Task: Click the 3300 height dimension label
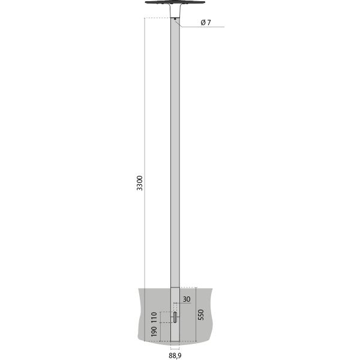point(140,183)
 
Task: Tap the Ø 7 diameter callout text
point(206,23)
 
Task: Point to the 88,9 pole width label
point(175,355)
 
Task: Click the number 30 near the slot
point(186,299)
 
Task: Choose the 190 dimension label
point(154,334)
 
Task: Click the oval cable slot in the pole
point(175,316)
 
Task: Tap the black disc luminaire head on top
point(175,4)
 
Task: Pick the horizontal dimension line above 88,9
point(175,347)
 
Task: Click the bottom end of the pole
point(175,340)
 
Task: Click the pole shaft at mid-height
point(175,168)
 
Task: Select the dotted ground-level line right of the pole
point(188,286)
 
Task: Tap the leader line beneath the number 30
point(184,304)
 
